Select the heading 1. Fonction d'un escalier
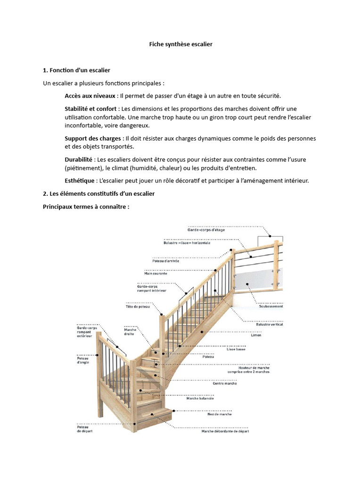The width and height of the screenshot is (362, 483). [x=76, y=70]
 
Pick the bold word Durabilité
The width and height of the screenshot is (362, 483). [x=79, y=159]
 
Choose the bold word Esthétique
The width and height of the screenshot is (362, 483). [x=80, y=181]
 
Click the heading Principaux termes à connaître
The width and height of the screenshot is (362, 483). [x=86, y=207]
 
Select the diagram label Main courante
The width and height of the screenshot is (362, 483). [x=156, y=273]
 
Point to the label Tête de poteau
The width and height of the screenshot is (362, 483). [x=138, y=307]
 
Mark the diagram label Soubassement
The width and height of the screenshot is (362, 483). [x=271, y=306]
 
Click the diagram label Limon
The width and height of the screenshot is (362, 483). [x=256, y=335]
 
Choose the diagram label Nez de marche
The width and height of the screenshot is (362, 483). [x=219, y=414]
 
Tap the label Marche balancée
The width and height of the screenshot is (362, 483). [x=200, y=398]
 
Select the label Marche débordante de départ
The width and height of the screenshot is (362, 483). [x=225, y=431]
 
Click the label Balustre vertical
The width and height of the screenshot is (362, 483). [x=270, y=325]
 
